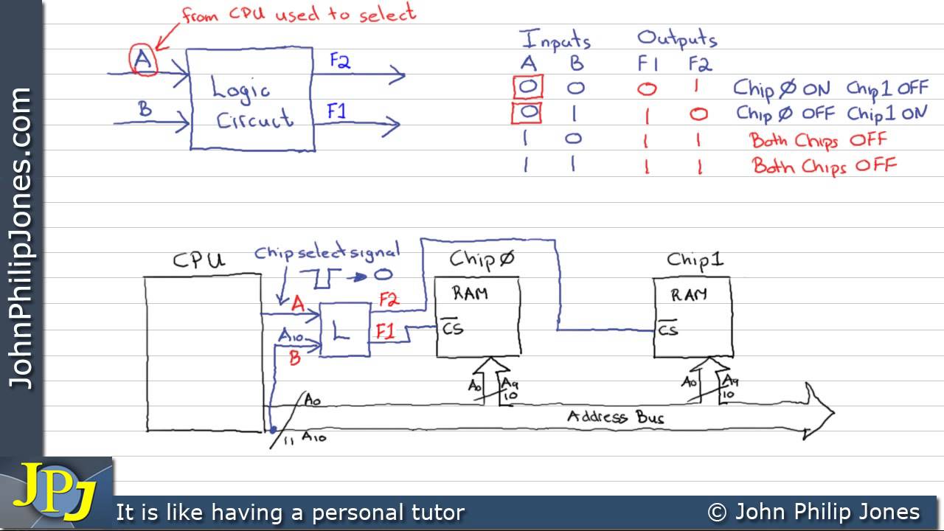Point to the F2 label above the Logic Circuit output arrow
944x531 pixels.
339,61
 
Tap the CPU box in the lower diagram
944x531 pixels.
204,353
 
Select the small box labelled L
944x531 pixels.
344,330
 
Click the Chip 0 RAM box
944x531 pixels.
478,318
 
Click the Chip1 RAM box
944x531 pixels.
692,318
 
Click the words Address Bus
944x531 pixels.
615,417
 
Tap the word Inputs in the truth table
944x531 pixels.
555,40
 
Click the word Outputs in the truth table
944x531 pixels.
676,38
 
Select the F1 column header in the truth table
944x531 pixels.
648,64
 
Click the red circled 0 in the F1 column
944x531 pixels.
647,89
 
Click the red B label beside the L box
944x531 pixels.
294,358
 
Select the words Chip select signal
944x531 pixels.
327,253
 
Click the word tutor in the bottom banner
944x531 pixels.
437,512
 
